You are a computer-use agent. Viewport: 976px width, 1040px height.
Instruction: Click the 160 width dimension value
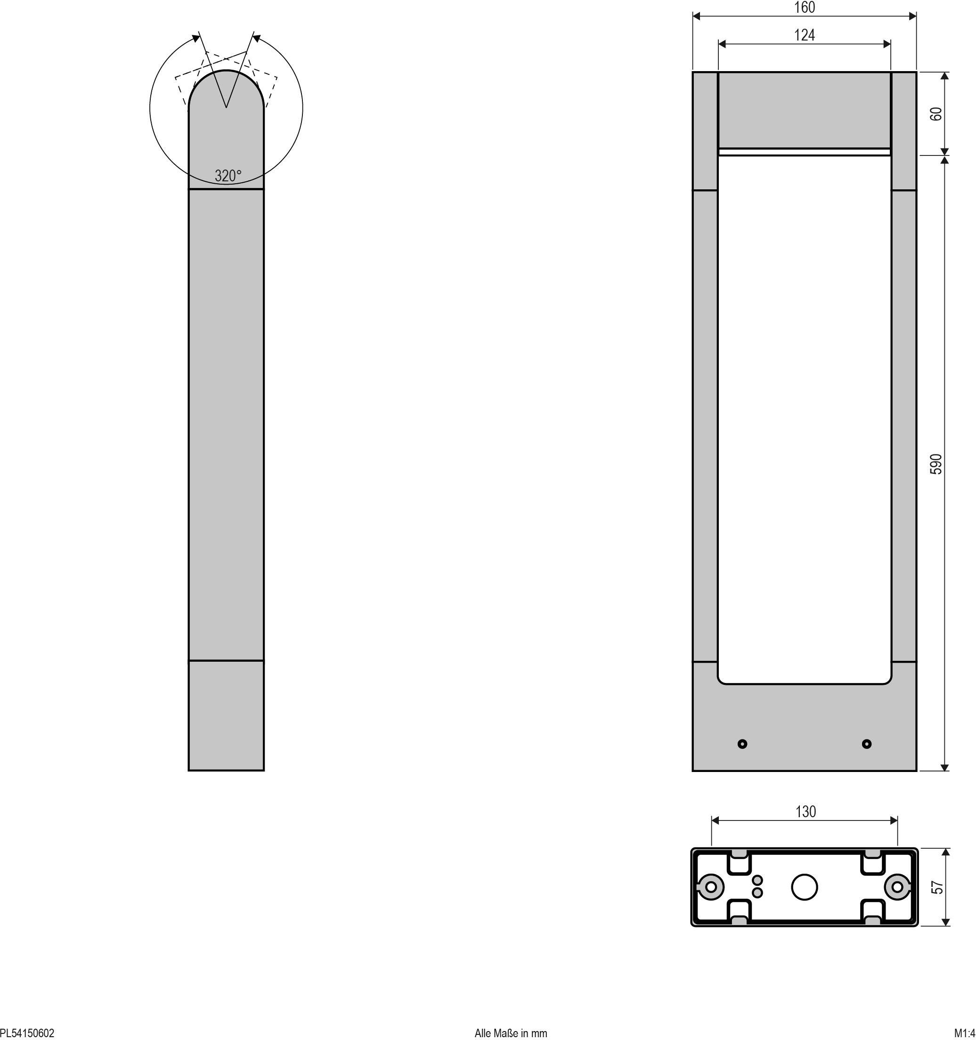805,8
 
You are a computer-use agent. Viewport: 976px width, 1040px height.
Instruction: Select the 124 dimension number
805,35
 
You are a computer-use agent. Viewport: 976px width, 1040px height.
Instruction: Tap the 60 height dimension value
937,114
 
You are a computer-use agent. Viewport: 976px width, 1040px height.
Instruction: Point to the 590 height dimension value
937,464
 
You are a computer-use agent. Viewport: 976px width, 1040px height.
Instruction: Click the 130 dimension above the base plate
805,812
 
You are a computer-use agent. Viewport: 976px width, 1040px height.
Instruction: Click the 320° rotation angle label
228,176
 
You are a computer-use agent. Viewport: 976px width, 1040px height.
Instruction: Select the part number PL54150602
27,1032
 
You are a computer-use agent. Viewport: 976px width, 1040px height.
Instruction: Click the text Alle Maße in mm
511,1032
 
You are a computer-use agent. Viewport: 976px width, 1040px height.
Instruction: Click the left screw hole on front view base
742,743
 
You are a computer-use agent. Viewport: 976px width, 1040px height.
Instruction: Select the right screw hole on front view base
867,743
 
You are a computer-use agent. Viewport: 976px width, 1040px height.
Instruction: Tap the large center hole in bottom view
805,887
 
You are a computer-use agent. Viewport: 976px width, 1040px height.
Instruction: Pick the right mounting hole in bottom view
897,887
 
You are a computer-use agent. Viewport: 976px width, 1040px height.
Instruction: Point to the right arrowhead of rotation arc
256,38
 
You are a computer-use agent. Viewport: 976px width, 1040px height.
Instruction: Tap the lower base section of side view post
226,715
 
